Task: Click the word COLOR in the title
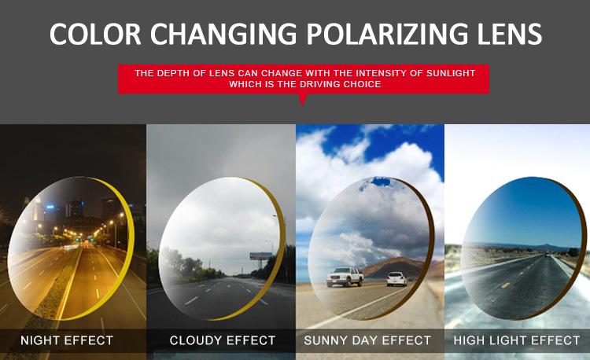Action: click(95, 34)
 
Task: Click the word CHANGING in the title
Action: click(223, 34)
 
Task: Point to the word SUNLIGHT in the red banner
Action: click(451, 73)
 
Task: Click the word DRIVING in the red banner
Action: click(317, 84)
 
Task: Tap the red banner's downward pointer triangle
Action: click(303, 99)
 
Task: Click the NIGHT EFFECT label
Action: click(67, 340)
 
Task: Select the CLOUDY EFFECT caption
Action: click(223, 340)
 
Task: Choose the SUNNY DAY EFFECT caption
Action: click(367, 340)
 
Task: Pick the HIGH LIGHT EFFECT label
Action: click(517, 340)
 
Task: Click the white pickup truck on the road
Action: click(345, 276)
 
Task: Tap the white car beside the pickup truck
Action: click(397, 279)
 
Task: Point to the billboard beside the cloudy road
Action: click(260, 256)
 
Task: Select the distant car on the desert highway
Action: click(547, 255)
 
